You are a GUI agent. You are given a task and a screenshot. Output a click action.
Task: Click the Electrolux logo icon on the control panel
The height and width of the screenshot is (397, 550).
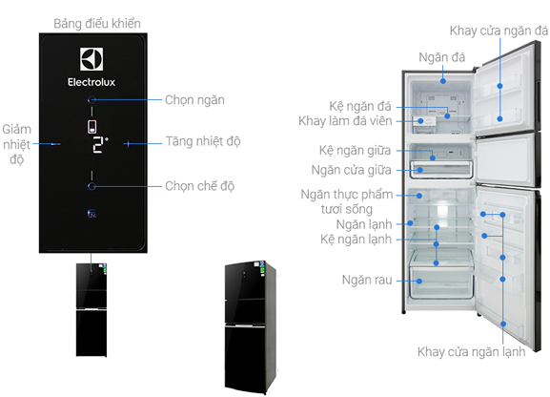point(92,59)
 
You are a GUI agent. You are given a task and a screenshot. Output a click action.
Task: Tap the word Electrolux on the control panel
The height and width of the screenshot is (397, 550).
point(92,82)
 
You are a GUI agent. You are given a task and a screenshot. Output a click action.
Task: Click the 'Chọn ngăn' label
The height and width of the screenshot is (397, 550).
point(194,100)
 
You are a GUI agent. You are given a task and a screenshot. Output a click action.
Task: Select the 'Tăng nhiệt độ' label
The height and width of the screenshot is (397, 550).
point(203,141)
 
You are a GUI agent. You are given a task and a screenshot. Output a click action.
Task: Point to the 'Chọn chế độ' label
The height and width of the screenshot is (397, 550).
point(200,186)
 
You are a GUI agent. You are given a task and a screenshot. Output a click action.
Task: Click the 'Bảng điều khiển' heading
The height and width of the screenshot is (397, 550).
point(97,24)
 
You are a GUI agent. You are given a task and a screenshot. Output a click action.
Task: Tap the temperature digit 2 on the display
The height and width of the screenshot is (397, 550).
point(98,145)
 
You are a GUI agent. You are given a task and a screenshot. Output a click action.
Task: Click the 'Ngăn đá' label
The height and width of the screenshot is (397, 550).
point(442,57)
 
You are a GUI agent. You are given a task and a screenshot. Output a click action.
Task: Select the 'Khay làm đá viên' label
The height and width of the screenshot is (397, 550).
point(345,121)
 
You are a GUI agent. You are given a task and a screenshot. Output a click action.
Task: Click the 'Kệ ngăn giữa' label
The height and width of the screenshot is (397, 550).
point(355,151)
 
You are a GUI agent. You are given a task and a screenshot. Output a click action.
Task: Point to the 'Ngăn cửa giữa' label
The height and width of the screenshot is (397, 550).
point(351,170)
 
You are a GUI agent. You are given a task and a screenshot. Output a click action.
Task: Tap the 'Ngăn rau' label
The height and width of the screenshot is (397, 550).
point(367,280)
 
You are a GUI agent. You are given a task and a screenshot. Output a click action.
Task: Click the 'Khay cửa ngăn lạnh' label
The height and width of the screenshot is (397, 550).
point(472,352)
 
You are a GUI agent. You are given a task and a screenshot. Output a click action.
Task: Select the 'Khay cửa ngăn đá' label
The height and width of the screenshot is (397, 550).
point(499,31)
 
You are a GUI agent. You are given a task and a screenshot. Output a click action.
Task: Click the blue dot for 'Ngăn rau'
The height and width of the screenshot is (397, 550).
point(419,282)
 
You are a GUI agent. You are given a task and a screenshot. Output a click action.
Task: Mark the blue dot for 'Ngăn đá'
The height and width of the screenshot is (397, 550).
point(443,81)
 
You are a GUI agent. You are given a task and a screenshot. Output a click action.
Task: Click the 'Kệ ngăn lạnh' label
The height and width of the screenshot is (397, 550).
point(356,240)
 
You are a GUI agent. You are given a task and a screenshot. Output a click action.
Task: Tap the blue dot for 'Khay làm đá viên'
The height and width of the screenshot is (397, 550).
point(420,121)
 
